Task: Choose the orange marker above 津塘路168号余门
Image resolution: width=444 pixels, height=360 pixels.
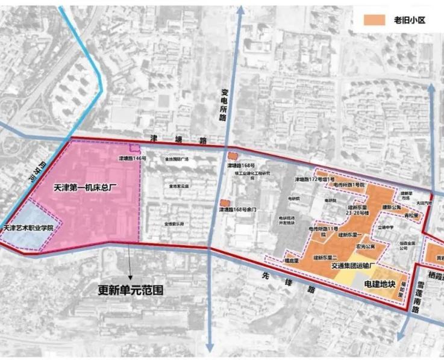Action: point(224,202)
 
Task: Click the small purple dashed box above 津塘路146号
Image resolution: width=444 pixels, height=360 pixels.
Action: point(136,148)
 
